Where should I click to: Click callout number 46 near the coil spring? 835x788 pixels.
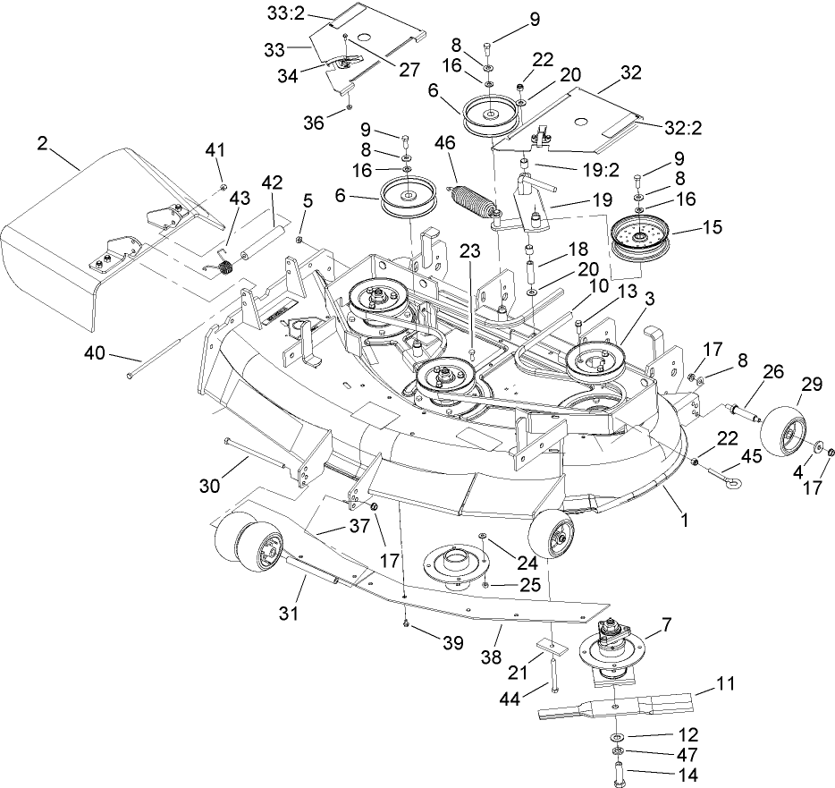445,142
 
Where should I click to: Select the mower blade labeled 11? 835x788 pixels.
617,704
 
